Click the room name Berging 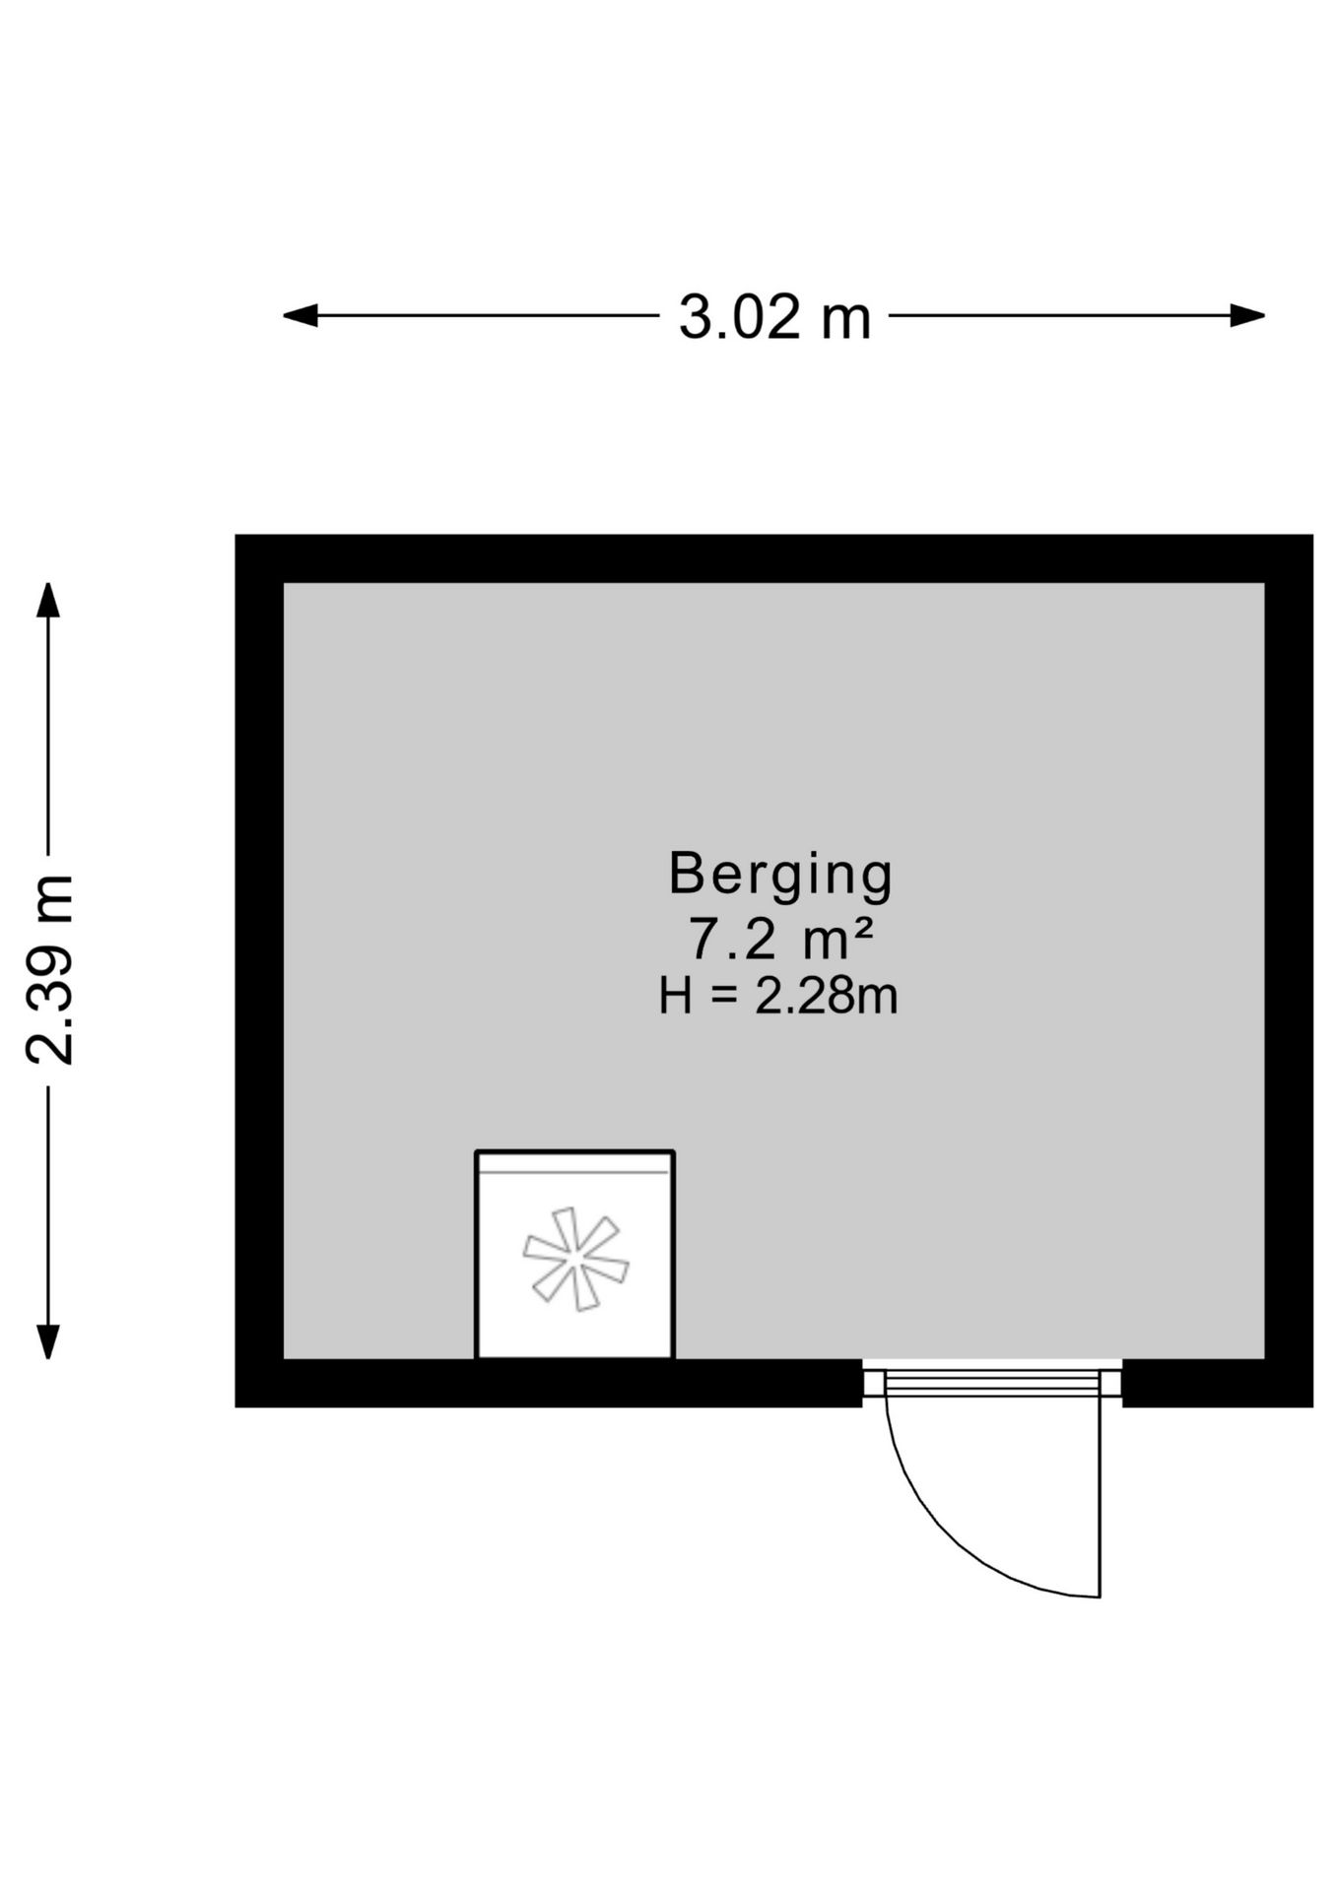click(780, 875)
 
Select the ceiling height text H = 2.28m click(778, 996)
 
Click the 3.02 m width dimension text click(774, 317)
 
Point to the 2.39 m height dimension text click(49, 969)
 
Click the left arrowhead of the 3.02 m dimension click(300, 315)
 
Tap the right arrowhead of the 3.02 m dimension click(1248, 315)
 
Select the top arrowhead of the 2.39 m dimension click(47, 600)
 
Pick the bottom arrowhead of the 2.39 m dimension click(47, 1341)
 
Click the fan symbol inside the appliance click(575, 1259)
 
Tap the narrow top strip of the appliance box click(575, 1162)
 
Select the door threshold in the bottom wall click(992, 1382)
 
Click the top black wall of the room click(773, 558)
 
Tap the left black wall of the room click(259, 970)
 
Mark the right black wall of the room click(1289, 970)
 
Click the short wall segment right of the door click(1218, 1383)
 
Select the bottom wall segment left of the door click(549, 1383)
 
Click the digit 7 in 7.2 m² click(703, 940)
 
